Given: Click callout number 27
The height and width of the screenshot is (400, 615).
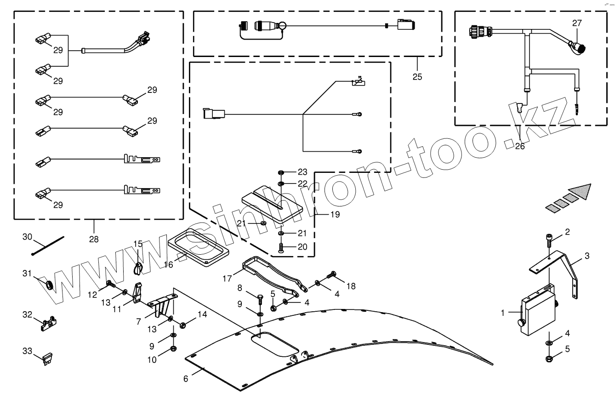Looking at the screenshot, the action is (577, 23).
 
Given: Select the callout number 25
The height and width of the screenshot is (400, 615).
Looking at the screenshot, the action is (417, 76).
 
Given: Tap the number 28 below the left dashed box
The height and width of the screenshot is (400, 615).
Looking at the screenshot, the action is (94, 239).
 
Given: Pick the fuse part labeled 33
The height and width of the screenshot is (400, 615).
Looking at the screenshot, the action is (47, 358).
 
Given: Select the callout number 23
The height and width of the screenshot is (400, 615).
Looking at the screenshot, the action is (302, 172).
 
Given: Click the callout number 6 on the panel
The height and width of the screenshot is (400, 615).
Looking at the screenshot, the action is (186, 379).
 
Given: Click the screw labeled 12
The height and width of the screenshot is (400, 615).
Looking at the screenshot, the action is (111, 284).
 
